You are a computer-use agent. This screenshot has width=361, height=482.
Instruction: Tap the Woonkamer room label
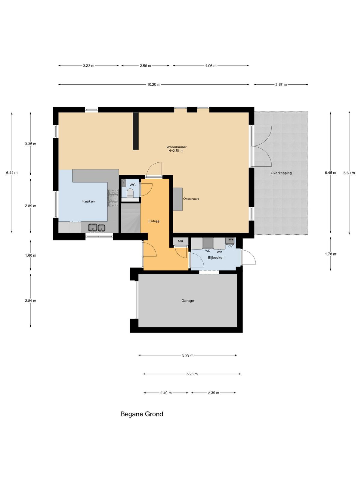(x=177, y=147)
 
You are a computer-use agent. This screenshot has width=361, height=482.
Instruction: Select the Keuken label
(x=88, y=201)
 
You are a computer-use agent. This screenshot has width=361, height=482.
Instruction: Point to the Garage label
(x=188, y=301)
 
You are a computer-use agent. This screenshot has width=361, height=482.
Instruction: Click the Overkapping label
(x=281, y=173)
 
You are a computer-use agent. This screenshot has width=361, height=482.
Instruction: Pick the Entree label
(x=154, y=221)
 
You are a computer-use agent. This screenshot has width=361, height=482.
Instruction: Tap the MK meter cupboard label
(x=180, y=241)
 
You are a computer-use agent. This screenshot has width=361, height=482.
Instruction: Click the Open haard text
(x=191, y=199)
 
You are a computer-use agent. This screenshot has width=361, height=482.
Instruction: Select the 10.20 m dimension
(x=154, y=85)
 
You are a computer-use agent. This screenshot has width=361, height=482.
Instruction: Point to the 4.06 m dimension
(x=211, y=66)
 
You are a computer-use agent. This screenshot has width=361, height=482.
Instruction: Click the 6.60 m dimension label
(x=349, y=173)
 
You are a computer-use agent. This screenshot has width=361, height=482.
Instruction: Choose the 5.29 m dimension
(x=188, y=355)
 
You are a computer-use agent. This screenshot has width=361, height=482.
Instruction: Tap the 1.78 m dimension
(x=331, y=254)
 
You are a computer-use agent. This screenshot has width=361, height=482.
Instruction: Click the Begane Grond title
(x=142, y=414)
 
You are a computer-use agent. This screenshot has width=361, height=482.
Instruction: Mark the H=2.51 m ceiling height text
(x=176, y=151)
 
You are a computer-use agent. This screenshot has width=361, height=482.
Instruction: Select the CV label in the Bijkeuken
(x=230, y=246)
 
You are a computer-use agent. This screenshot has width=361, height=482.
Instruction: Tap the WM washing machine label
(x=219, y=252)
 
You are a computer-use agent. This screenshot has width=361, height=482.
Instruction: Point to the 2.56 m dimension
(x=146, y=66)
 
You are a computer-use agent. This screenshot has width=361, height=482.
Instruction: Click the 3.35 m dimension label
(x=30, y=144)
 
